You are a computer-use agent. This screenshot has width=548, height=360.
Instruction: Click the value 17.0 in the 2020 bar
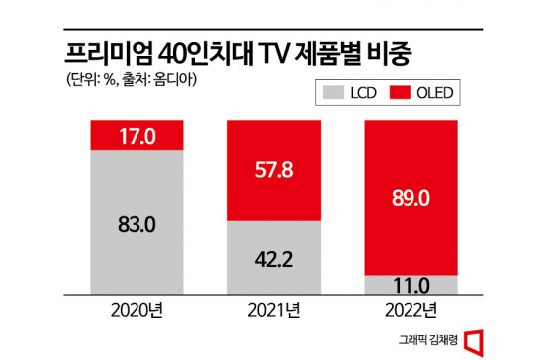coord(135,134)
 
